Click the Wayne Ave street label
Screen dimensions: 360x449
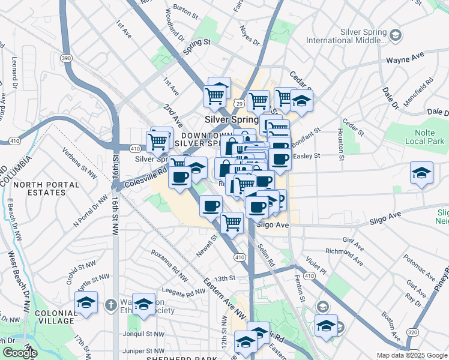click(405, 61)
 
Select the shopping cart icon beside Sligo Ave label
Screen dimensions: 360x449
click(232, 223)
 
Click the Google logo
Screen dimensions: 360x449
click(19, 353)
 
